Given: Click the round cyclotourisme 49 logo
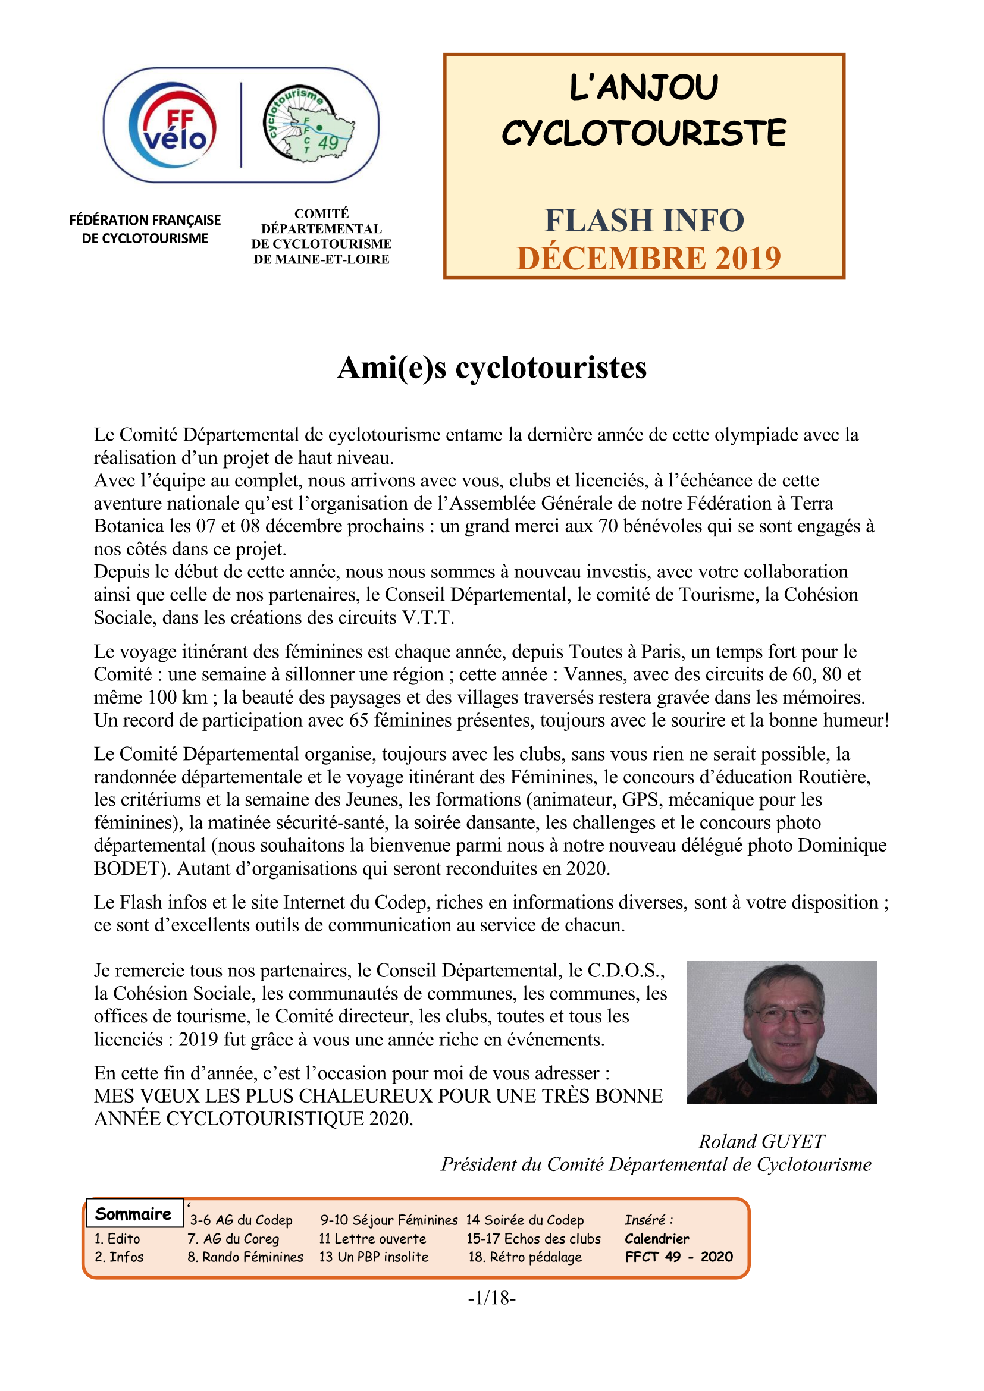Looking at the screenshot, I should coord(308,124).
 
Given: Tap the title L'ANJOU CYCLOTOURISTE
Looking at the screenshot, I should coord(644,110).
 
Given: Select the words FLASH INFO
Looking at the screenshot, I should coord(644,220).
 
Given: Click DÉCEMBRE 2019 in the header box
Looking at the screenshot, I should coord(648,258).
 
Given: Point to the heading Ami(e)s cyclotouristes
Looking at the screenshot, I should coord(492,368).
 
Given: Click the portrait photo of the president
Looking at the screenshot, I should coord(781,1032).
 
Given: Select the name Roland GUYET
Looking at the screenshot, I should coord(761,1141).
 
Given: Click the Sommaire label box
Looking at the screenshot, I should coord(134,1214).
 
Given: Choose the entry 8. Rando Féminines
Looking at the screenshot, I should coord(245,1257).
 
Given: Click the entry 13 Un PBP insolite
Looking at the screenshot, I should coord(373,1257).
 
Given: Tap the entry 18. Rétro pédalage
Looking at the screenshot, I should coord(525,1257).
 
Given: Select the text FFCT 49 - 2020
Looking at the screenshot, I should coord(679,1257).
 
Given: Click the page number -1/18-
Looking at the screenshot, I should coord(491,1298).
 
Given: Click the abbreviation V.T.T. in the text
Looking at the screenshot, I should coord(428,618).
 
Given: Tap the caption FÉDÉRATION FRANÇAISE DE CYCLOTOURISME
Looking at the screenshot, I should coord(145,229).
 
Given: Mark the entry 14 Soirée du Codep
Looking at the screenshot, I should coord(525,1220).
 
